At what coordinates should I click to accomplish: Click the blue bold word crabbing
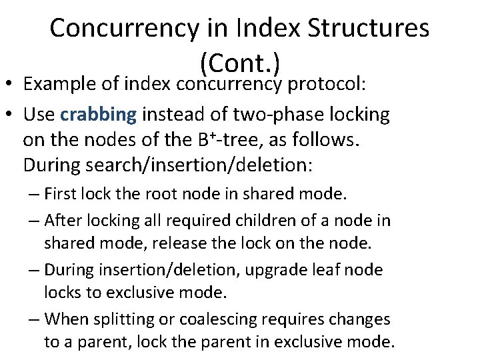pyautogui.click(x=98, y=114)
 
